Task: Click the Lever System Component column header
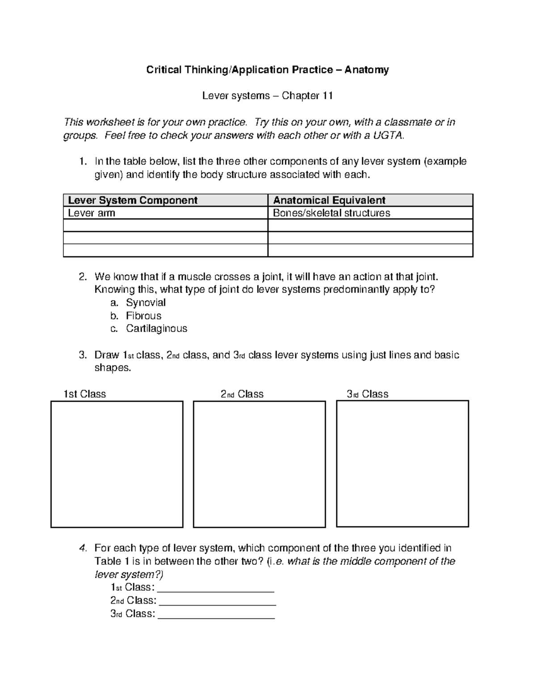[133, 200]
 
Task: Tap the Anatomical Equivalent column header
[329, 200]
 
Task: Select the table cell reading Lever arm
[92, 213]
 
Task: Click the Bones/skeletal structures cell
[331, 213]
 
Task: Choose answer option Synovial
[146, 303]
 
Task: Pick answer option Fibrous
[143, 316]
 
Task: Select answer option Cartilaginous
[156, 329]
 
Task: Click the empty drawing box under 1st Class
[117, 464]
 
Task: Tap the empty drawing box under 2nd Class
[259, 464]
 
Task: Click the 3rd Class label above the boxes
[368, 394]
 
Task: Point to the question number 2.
[82, 277]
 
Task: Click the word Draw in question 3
[106, 355]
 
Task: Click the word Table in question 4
[108, 561]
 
